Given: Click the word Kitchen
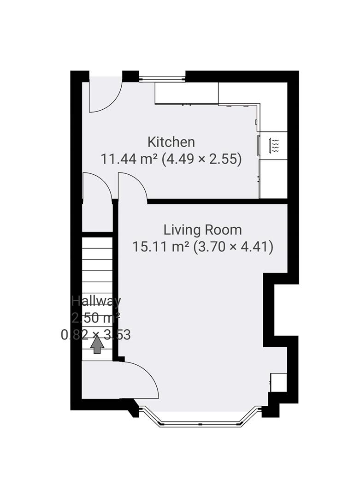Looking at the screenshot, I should coord(171,142).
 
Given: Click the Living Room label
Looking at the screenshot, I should coord(202,230).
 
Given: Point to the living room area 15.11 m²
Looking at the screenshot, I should coord(161,247).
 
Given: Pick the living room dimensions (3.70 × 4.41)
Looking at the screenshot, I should coord(233,247).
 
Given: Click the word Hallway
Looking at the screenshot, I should coord(96,301).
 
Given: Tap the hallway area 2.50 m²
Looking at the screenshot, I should coord(96,318).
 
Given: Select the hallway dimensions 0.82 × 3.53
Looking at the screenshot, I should coord(96,334).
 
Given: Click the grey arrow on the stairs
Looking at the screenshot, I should coord(97,345).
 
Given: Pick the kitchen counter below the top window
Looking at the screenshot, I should coord(186,94).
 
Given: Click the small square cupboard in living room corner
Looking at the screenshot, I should coord(278,382).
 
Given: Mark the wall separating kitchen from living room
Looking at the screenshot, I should coord(217,202).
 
